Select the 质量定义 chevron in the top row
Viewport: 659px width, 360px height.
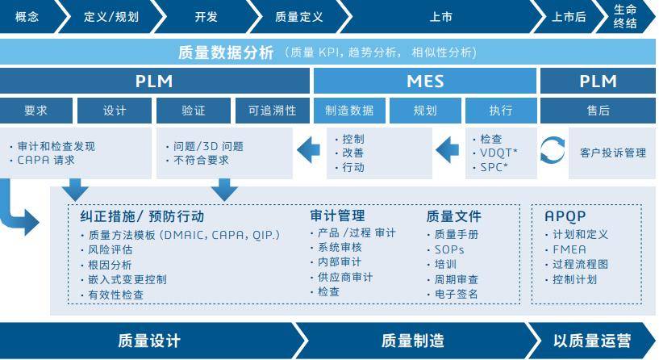pyautogui.click(x=298, y=16)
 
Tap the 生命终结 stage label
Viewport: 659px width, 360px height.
pyautogui.click(x=625, y=16)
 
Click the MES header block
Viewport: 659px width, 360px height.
pyautogui.click(x=424, y=81)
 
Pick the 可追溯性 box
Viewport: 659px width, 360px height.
pyautogui.click(x=272, y=110)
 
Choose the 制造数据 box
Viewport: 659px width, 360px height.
pyautogui.click(x=349, y=110)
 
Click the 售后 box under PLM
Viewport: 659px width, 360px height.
pyautogui.click(x=598, y=110)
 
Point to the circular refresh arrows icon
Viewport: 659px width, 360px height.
pyautogui.click(x=553, y=152)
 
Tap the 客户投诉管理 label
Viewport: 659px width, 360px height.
pyautogui.click(x=612, y=152)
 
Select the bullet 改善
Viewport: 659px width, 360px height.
pyautogui.click(x=352, y=153)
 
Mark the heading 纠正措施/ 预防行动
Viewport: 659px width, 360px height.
pyautogui.click(x=142, y=216)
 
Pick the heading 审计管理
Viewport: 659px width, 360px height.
pyautogui.click(x=337, y=216)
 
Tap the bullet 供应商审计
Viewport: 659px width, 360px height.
pyautogui.click(x=344, y=277)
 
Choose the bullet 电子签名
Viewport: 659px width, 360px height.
pyautogui.click(x=456, y=293)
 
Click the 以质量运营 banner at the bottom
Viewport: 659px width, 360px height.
pyautogui.click(x=592, y=341)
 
